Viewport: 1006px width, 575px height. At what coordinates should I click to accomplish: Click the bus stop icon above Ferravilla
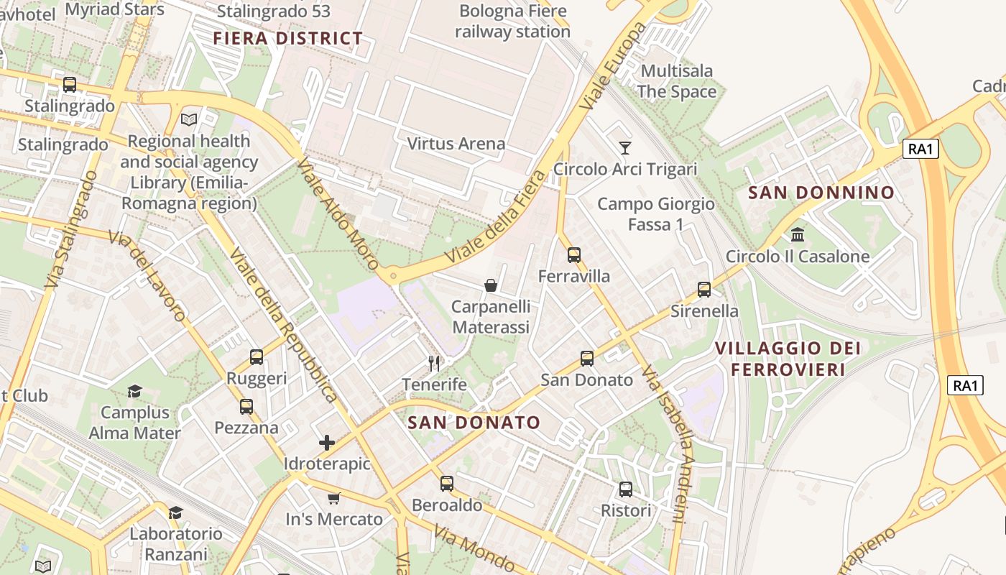(x=573, y=255)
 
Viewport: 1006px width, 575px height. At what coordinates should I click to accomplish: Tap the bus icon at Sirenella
(x=704, y=290)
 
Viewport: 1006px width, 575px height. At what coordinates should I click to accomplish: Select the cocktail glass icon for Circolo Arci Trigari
(x=625, y=148)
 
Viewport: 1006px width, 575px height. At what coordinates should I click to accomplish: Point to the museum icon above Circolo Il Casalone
(x=798, y=235)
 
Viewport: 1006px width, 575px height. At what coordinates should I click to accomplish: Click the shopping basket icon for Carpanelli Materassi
(x=491, y=285)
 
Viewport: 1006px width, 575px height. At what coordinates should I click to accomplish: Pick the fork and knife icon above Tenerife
(x=434, y=363)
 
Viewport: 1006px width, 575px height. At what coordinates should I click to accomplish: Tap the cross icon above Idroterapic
(x=327, y=443)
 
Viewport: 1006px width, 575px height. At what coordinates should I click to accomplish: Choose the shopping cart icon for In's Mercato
(x=334, y=498)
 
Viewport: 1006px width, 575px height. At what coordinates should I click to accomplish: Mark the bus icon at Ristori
(x=626, y=489)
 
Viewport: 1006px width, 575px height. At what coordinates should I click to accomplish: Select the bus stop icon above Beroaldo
(x=447, y=484)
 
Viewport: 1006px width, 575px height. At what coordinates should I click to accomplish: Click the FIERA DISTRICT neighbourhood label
(x=287, y=39)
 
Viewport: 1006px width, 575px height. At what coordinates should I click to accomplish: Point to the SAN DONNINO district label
(x=821, y=193)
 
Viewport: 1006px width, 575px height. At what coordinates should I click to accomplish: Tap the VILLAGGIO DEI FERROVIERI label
(x=788, y=359)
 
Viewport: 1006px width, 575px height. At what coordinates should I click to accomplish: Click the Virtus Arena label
(x=456, y=144)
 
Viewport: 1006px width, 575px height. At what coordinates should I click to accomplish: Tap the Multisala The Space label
(x=676, y=81)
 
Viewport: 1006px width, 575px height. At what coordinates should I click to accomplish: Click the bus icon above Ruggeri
(x=257, y=357)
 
